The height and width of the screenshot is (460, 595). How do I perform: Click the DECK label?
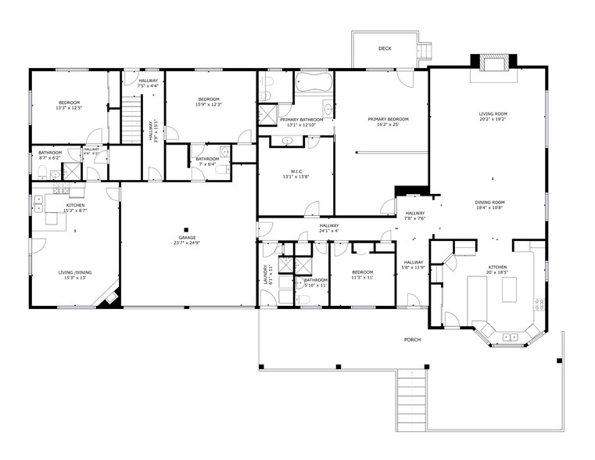tap(385, 49)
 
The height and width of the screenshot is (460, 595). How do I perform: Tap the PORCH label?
tap(412, 340)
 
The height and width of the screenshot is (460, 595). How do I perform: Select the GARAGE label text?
tap(187, 237)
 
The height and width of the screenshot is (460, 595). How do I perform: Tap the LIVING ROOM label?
tap(493, 114)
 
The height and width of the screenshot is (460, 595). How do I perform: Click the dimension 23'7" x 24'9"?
tap(187, 243)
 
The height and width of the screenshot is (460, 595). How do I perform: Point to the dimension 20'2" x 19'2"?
tap(493, 120)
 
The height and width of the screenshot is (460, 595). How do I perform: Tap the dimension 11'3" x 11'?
tap(362, 278)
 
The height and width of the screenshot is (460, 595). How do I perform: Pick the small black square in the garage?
tap(187, 228)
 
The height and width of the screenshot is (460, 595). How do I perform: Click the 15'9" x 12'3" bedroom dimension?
tap(209, 105)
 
